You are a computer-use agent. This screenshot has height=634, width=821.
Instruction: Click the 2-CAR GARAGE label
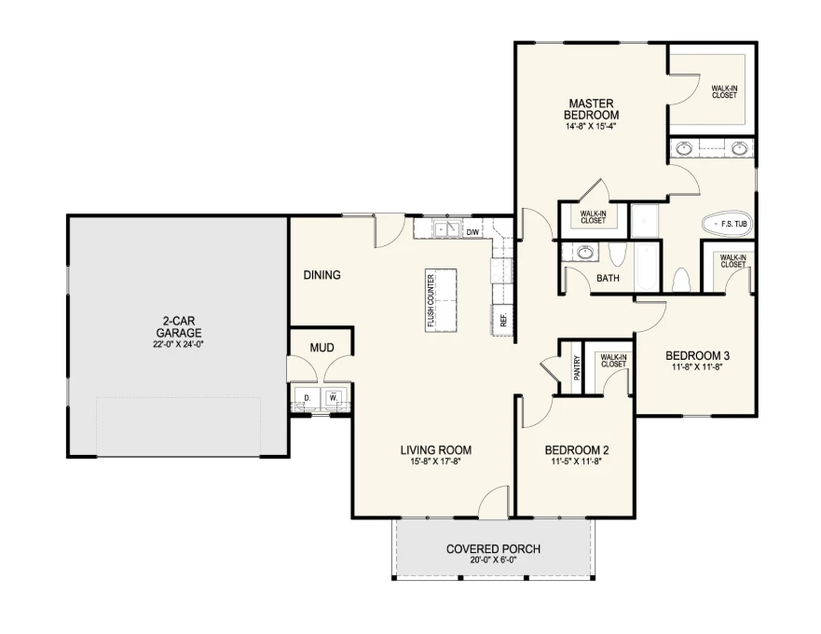tap(179, 327)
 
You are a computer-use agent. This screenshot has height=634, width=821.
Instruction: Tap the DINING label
tap(322, 274)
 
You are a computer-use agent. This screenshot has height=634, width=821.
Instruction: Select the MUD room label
tap(322, 348)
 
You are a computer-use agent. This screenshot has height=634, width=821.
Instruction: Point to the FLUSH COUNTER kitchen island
tap(441, 300)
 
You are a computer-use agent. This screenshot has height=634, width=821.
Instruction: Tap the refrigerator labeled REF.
tap(501, 319)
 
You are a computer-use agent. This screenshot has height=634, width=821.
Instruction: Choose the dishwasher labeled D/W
tap(472, 231)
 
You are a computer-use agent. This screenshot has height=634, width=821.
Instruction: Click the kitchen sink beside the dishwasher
tap(446, 229)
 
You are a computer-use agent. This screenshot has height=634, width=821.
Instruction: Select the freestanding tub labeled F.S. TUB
tap(727, 224)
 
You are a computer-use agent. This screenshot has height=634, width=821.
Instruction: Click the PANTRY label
tap(577, 367)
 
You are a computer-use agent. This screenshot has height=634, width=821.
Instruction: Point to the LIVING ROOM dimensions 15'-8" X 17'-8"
tap(435, 462)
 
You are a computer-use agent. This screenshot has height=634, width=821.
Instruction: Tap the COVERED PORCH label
tap(493, 549)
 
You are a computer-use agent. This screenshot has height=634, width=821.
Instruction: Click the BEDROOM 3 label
tap(697, 356)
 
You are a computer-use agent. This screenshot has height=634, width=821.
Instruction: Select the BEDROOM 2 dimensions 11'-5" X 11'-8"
tap(577, 462)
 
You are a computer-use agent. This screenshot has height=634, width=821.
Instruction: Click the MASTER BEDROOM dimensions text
tap(591, 126)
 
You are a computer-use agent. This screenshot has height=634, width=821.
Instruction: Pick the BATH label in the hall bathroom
tap(608, 278)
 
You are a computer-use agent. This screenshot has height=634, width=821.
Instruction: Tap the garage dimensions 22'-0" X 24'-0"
tap(179, 344)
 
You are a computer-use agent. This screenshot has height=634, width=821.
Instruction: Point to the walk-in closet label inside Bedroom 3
tap(732, 261)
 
